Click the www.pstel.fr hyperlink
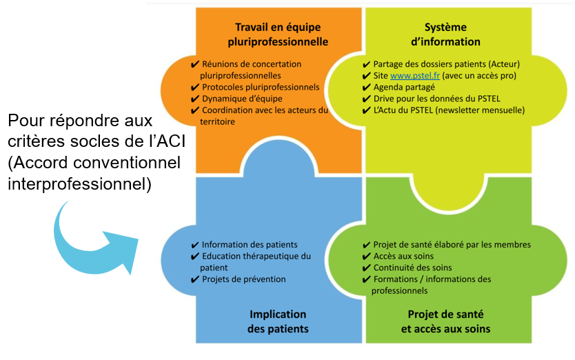pyautogui.click(x=415, y=76)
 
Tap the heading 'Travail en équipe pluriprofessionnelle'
pyautogui.click(x=278, y=34)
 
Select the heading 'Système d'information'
pyautogui.click(x=445, y=34)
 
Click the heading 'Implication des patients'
pyautogui.click(x=278, y=321)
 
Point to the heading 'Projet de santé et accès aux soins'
pyautogui.click(x=445, y=321)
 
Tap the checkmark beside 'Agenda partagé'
pyautogui.click(x=366, y=88)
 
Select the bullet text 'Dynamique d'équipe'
pyautogui.click(x=242, y=99)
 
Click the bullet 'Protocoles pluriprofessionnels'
pyautogui.click(x=261, y=88)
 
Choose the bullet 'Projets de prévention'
pyautogui.click(x=244, y=279)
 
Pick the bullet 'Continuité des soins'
pyautogui.click(x=412, y=268)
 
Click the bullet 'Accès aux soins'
pyautogui.click(x=403, y=256)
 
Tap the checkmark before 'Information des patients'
pyautogui.click(x=194, y=245)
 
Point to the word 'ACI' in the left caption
pyautogui.click(x=171, y=141)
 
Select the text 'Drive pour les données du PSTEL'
pyautogui.click(x=436, y=99)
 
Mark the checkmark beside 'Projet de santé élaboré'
pyautogui.click(x=366, y=245)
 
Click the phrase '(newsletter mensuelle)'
pyautogui.click(x=480, y=110)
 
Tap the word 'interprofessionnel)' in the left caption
pyautogui.click(x=79, y=184)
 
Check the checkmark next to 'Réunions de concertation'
pyautogui.click(x=194, y=65)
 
